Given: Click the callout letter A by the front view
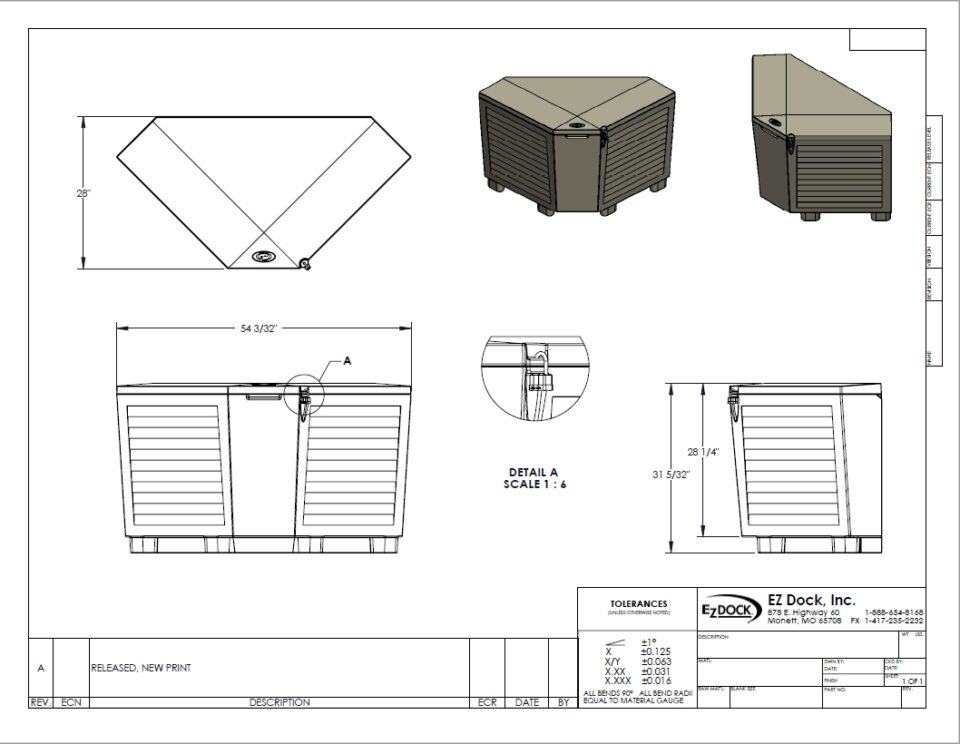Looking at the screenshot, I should pyautogui.click(x=347, y=361).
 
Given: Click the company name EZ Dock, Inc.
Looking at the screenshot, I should pyautogui.click(x=811, y=599).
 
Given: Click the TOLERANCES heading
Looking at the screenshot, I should pyautogui.click(x=638, y=604).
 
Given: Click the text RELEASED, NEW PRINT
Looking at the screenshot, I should pyautogui.click(x=140, y=667).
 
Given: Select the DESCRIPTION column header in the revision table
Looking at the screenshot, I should pyautogui.click(x=279, y=703).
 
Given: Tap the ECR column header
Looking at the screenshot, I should pyautogui.click(x=487, y=703).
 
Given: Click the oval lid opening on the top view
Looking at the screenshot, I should pyautogui.click(x=264, y=257).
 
